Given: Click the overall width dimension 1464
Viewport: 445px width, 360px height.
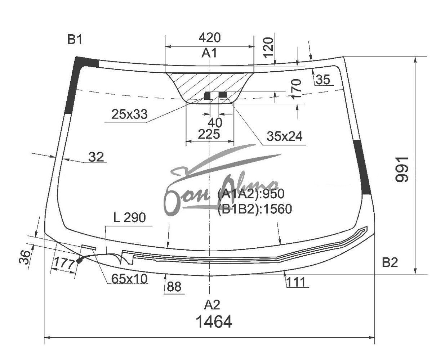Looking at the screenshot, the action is pyautogui.click(x=214, y=321).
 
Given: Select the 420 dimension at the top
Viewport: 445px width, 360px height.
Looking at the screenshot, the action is pyautogui.click(x=210, y=38).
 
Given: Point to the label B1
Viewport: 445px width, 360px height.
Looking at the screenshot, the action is pyautogui.click(x=75, y=39).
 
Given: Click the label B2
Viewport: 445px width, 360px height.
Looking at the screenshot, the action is pyautogui.click(x=390, y=262).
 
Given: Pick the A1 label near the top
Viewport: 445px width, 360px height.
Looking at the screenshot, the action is pyautogui.click(x=209, y=53).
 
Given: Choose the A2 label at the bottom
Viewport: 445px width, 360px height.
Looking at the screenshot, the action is pyautogui.click(x=212, y=305).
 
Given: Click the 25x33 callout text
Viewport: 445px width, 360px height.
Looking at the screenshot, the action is pyautogui.click(x=129, y=114).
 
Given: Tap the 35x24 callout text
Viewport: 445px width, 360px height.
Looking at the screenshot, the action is pyautogui.click(x=285, y=136).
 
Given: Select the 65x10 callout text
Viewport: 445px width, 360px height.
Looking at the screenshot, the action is pyautogui.click(x=129, y=279).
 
